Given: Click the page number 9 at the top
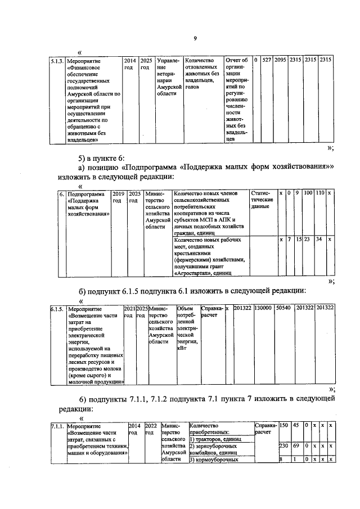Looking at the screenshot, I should tap(195, 38).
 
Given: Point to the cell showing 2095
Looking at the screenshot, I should tap(281, 60).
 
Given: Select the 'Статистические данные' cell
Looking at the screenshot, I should tap(262, 200).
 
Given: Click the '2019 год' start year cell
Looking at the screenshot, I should tap(119, 196).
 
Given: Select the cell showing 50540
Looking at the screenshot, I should tap(283, 309).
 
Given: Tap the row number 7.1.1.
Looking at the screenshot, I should tap(57, 426).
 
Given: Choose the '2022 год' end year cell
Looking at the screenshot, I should tap(151, 429).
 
